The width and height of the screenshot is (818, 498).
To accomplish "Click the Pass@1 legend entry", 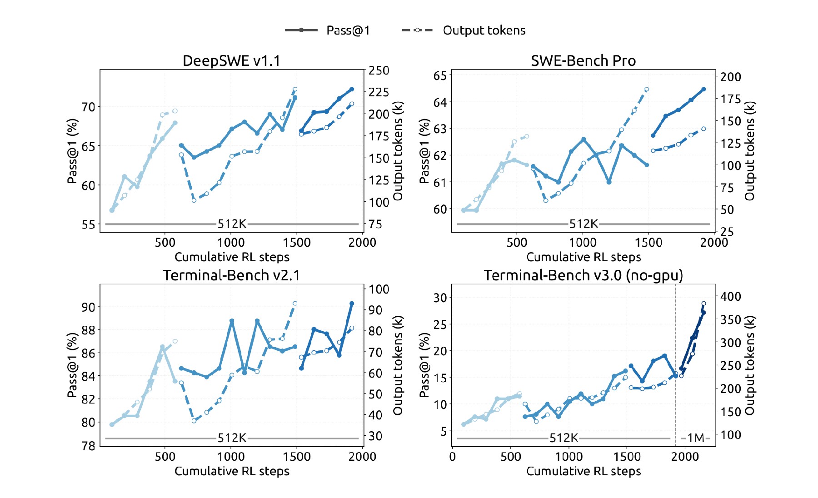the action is click(327, 30).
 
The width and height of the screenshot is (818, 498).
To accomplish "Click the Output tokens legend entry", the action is click(464, 30).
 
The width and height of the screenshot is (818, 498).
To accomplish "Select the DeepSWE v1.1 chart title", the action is click(232, 60).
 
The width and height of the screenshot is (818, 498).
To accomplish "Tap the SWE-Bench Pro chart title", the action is click(584, 60).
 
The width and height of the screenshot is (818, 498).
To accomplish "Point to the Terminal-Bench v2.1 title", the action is click(232, 275).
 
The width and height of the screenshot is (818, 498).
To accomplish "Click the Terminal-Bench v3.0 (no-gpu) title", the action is click(584, 275).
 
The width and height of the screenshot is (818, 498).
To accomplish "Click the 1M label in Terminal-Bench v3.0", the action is click(696, 438).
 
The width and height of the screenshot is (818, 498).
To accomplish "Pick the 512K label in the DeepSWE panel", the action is click(232, 224).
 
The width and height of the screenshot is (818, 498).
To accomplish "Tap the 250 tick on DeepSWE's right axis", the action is click(379, 70).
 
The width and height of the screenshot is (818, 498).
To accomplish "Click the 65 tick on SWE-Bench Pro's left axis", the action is click(440, 75).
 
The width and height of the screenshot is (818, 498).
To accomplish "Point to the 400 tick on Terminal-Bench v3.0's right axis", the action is click(731, 296).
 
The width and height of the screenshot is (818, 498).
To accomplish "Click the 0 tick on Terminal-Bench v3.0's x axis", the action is click(452, 457).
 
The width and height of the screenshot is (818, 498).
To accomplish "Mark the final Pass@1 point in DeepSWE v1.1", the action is click(352, 89).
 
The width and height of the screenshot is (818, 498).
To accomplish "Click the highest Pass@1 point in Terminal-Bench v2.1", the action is click(352, 303).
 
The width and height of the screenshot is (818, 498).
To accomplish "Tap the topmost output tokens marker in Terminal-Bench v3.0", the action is click(703, 304).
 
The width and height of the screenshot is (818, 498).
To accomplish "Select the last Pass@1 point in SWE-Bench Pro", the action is click(703, 89).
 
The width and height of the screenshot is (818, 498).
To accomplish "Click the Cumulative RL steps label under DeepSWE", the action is click(232, 257).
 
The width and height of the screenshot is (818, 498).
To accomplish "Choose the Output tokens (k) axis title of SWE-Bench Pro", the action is click(749, 151).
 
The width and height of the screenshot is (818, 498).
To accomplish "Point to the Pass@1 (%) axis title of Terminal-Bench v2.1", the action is click(72, 365).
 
